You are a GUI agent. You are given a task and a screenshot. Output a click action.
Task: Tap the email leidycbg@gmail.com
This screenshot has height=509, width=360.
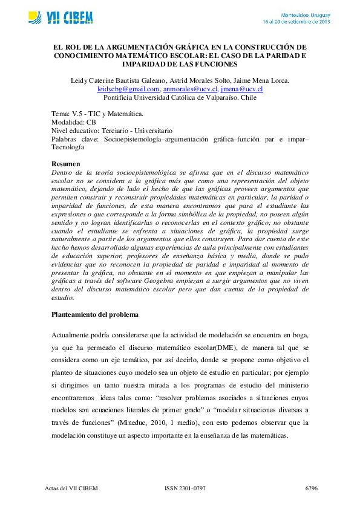coord(128,89)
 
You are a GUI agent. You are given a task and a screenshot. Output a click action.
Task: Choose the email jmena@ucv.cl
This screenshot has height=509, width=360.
coord(241,89)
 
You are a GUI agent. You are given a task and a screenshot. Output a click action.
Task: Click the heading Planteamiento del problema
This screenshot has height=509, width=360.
coord(95,315)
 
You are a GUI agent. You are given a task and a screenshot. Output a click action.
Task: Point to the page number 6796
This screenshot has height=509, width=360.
coord(311,488)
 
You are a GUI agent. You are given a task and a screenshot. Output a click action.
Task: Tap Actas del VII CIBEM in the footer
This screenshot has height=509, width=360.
coord(71,488)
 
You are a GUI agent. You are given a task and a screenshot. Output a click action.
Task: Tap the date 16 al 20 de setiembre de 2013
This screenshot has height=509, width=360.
coord(296,21)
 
